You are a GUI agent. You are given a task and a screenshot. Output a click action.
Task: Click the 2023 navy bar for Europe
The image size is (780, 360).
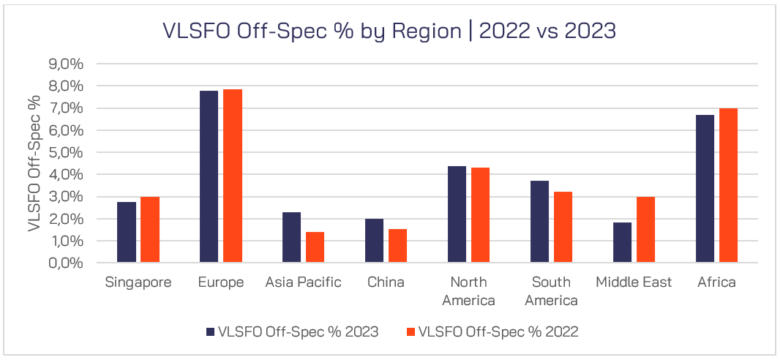pos(209,176)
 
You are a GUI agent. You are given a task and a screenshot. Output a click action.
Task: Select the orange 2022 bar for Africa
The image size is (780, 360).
pos(728,185)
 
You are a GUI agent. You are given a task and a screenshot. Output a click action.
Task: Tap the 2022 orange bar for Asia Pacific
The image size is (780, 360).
pos(315,247)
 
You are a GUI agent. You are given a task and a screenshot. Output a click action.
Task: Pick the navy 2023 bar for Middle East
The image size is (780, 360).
pos(623,242)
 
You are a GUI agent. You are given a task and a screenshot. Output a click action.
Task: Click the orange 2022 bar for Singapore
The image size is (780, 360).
pos(150,230)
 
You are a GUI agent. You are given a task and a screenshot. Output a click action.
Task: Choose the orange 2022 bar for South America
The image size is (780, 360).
pos(563,227)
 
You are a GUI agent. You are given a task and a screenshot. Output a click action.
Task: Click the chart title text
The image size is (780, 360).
pos(389,31)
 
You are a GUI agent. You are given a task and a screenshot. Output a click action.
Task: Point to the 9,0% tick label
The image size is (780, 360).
pos(67,64)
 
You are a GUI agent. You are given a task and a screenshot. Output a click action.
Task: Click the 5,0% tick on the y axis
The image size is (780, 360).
pos(67,152)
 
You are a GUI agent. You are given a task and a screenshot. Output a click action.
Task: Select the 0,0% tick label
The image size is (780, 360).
pos(67,263)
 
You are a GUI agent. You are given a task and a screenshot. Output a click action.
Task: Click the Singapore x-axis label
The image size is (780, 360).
pos(138,282)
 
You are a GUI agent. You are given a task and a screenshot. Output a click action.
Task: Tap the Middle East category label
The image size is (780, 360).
pos(634,282)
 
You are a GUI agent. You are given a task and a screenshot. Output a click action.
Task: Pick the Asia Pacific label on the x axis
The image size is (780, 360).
pos(303,282)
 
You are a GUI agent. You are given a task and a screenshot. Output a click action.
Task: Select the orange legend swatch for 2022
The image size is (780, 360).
pos(410,331)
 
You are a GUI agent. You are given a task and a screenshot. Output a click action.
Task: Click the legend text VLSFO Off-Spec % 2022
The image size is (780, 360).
pos(498,331)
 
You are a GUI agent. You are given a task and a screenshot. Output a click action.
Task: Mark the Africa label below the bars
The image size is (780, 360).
pos(716,282)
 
